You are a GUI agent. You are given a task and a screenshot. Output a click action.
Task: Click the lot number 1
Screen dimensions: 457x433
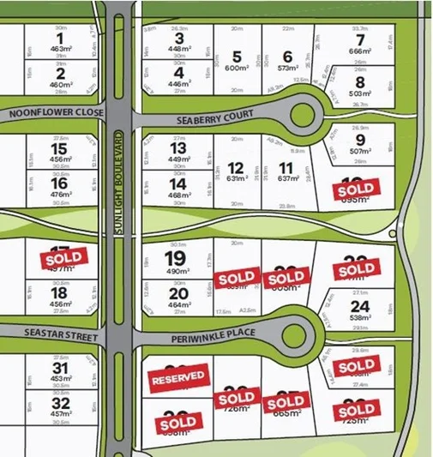pyautogui.click(x=59, y=38)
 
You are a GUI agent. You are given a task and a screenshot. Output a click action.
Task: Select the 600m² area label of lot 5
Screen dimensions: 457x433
pyautogui.click(x=237, y=69)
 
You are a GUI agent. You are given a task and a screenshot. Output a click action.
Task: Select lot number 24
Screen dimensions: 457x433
pyautogui.click(x=359, y=305)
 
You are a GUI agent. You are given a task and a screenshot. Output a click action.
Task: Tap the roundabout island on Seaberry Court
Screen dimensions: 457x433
pyautogui.click(x=303, y=112)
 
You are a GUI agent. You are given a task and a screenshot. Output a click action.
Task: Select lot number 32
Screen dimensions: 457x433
pyautogui.click(x=60, y=403)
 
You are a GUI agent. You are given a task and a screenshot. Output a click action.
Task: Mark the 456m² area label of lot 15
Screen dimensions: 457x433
pyautogui.click(x=60, y=159)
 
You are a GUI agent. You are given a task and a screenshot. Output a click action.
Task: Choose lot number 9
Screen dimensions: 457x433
pyautogui.click(x=360, y=140)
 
